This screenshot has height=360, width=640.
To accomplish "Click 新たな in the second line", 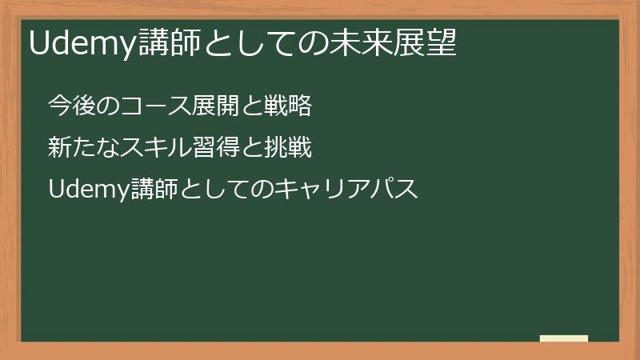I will pyautogui.click(x=82, y=148).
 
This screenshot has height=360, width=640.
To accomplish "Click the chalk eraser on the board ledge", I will pyautogui.click(x=564, y=338).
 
